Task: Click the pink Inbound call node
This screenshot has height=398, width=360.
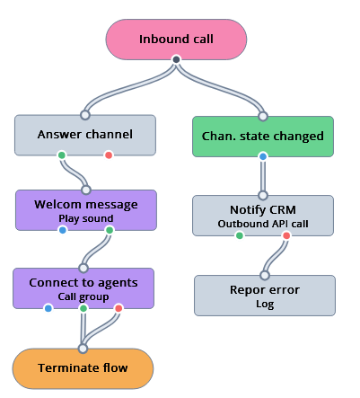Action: [176, 40]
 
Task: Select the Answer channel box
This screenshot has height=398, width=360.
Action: [85, 135]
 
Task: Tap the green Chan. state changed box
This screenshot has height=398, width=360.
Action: [263, 136]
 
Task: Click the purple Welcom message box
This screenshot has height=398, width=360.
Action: [85, 209]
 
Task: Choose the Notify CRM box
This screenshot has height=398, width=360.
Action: [263, 215]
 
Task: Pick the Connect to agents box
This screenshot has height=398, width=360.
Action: [83, 287]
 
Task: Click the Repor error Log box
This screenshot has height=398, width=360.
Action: [265, 296]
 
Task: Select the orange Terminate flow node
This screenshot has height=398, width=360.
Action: [83, 367]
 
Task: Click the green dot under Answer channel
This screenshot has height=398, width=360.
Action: [62, 155]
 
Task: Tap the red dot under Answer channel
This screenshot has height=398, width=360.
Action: [109, 155]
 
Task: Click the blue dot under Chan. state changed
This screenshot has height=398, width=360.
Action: [263, 156]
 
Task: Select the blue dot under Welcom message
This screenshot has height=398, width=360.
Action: [62, 231]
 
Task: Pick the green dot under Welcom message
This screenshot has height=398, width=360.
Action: [109, 231]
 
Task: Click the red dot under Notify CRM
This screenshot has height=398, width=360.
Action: [286, 235]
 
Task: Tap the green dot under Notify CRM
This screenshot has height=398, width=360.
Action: [240, 235]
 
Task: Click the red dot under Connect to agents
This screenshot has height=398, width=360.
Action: [118, 309]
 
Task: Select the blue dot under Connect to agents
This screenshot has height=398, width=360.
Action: [48, 309]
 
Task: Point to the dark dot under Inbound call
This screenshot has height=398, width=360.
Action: [176, 60]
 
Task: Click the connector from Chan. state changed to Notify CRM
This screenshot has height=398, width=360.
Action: [263, 177]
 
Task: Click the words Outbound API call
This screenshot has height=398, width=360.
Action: [263, 223]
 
